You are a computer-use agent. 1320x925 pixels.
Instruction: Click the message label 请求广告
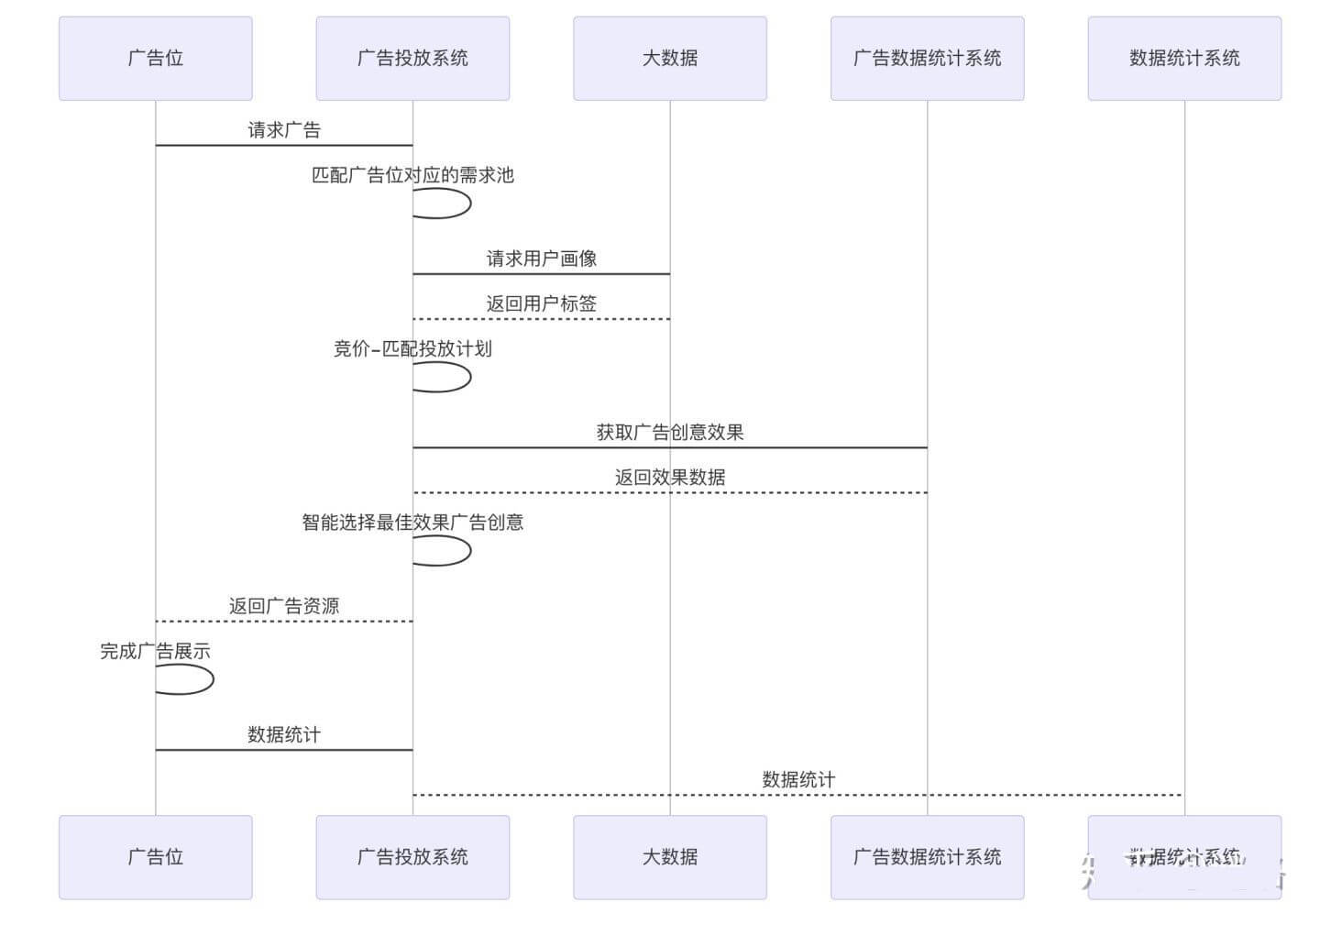(284, 130)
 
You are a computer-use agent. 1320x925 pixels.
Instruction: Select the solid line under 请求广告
(284, 145)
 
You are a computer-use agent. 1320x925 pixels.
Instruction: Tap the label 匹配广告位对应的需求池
(412, 175)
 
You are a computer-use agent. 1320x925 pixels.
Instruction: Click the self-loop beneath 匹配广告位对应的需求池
(468, 204)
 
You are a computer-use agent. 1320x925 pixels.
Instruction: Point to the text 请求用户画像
(541, 259)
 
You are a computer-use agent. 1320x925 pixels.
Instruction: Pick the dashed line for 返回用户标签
(541, 319)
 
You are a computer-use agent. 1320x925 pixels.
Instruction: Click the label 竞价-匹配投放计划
(412, 348)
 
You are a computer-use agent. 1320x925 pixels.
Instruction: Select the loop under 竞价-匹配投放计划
(468, 377)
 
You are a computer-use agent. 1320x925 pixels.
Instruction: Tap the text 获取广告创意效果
(669, 432)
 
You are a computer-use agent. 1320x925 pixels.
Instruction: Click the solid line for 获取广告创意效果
(669, 447)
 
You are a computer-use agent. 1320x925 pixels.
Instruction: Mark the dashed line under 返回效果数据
(669, 492)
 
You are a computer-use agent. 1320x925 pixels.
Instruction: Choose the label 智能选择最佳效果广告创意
(412, 523)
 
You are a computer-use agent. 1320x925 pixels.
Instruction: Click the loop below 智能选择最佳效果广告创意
(468, 551)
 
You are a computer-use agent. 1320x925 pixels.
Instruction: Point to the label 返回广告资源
(284, 606)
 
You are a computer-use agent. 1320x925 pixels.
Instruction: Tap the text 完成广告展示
(155, 652)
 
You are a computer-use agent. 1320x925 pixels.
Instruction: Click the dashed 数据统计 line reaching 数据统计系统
(797, 795)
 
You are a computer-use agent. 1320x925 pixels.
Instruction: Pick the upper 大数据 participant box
(669, 58)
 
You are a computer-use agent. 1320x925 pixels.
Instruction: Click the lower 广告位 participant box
(155, 857)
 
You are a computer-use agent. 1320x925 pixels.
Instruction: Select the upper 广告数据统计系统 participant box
(927, 58)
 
